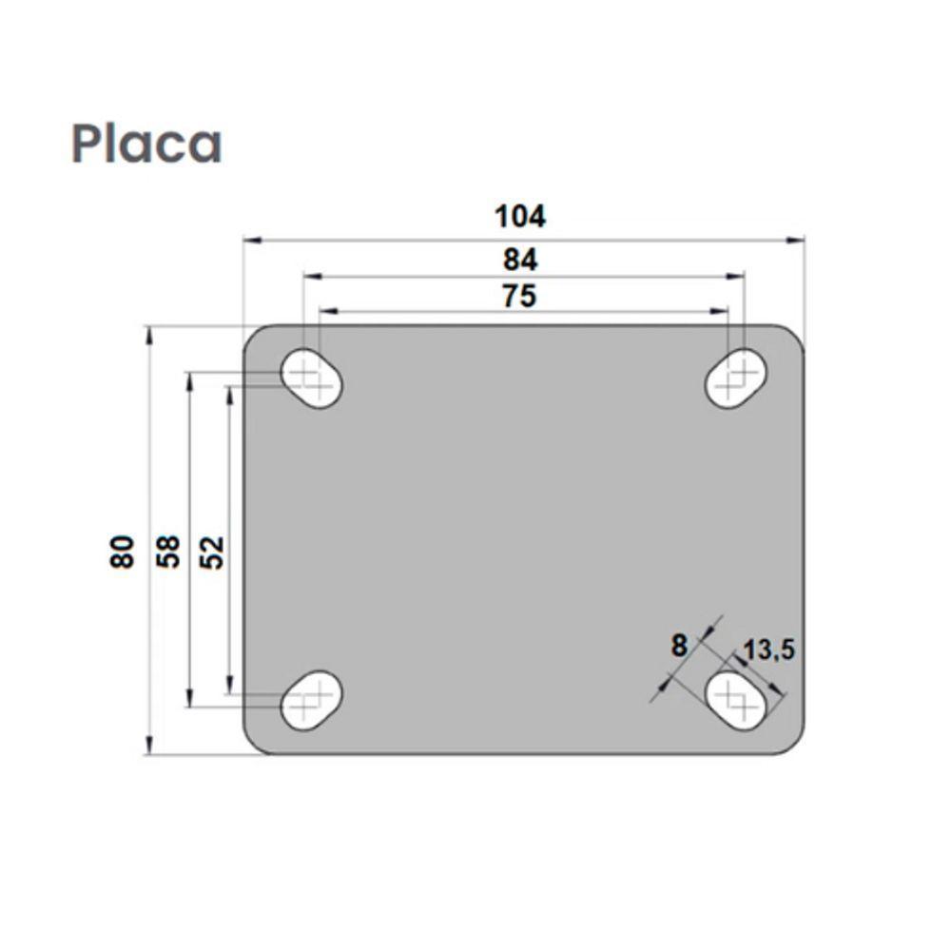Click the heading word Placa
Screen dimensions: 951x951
coord(146,144)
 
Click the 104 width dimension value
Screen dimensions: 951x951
coord(520,217)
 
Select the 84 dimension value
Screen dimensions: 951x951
coord(520,259)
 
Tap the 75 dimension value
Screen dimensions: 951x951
coord(519,297)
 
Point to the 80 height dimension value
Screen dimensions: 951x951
coord(123,552)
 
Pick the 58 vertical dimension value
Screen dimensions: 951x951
coord(168,552)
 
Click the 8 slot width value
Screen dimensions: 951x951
coord(678,646)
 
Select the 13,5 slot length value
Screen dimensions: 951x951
coord(769,650)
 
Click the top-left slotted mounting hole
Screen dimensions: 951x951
coord(312,378)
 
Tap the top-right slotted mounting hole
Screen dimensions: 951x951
coord(736,378)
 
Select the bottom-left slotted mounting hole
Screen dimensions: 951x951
coord(312,700)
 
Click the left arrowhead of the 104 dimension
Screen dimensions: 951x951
coord(250,241)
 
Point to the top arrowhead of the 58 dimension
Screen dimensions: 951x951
coord(191,378)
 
